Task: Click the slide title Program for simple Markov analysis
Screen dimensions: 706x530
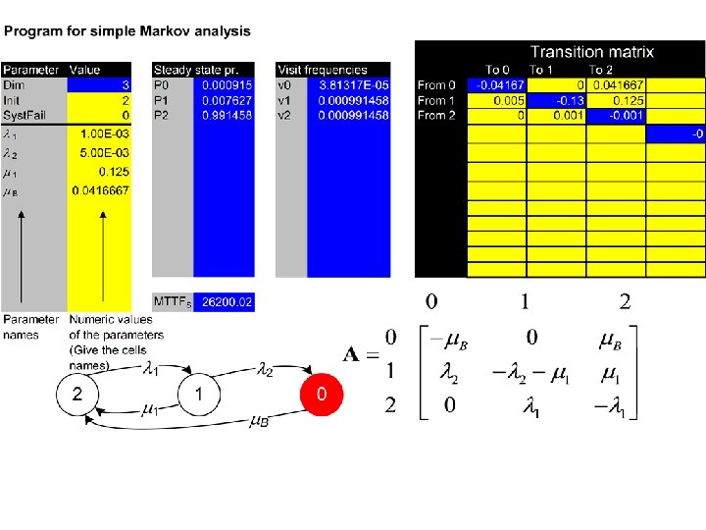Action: [x=127, y=31]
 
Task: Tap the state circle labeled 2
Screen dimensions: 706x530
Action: [x=82, y=396]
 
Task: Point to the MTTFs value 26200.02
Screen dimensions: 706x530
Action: [x=227, y=303]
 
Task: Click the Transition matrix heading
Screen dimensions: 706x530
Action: [x=591, y=52]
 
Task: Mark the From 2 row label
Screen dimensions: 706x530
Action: [x=436, y=115]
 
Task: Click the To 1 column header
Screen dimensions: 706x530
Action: [x=542, y=70]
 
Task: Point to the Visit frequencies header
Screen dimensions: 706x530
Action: [x=323, y=70]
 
